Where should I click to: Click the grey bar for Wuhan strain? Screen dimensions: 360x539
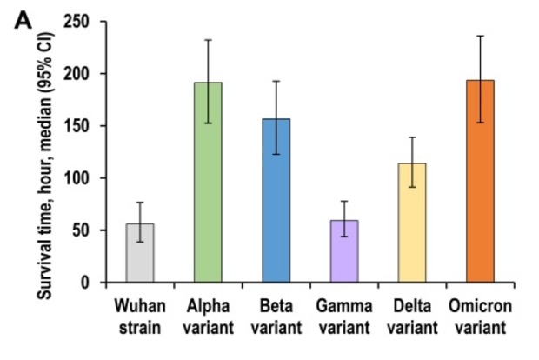[140, 253]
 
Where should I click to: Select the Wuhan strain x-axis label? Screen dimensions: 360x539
[140, 316]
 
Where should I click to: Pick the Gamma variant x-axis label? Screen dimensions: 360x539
[344, 316]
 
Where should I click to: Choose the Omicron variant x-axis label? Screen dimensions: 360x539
[480, 316]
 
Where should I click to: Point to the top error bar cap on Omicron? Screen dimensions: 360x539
[480, 36]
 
